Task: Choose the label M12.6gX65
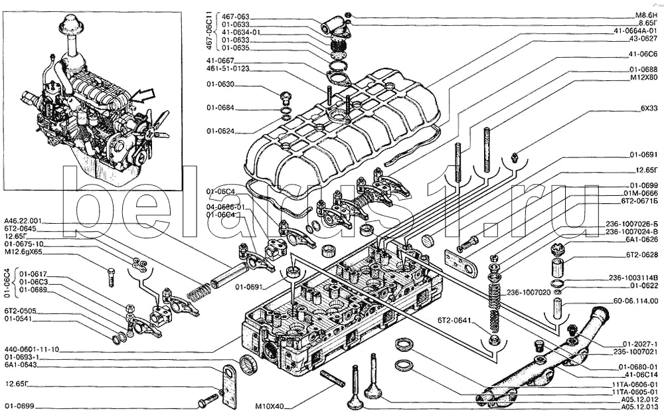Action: point(25,253)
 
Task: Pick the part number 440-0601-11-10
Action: point(32,349)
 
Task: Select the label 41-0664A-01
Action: point(635,31)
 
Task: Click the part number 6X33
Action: point(649,108)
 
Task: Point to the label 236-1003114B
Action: point(633,277)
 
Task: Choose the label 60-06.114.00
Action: point(633,301)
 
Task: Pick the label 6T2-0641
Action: point(454,321)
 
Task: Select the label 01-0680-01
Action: point(637,367)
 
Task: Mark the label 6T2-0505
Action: point(20,309)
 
